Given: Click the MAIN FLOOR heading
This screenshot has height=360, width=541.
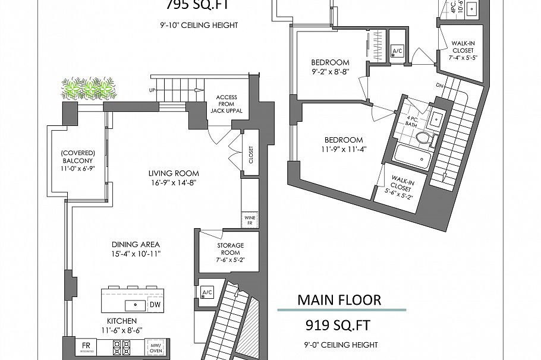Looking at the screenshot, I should pos(339,299).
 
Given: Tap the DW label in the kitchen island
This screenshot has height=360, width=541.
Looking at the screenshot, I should pos(155,305).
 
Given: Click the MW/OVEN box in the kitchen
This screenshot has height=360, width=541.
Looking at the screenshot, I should pos(156,347).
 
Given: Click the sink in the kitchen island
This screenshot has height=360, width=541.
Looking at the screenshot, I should pos(135,305).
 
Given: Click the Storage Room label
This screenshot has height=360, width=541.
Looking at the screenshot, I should pos(230,249).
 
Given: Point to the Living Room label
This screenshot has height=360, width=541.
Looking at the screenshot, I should pos(174,173).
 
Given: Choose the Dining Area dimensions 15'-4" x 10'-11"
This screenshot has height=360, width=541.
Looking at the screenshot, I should pos(136,254).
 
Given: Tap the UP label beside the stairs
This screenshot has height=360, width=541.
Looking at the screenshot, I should pos(153,90).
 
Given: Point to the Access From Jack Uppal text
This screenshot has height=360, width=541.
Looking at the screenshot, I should pos(227,105).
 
